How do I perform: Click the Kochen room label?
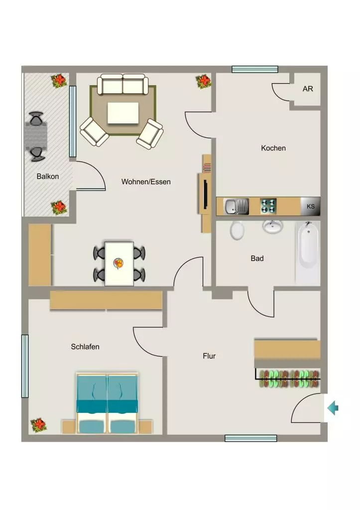(273, 148)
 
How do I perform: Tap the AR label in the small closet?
(308, 89)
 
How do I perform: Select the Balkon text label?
(48, 176)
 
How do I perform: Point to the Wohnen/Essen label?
(146, 181)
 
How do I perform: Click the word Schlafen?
(85, 347)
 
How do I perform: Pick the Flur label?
(209, 356)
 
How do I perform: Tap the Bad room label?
(257, 258)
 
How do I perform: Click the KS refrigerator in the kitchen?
(310, 206)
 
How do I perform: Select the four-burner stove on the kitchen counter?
(268, 206)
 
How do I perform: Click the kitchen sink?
(236, 206)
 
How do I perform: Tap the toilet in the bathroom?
(237, 230)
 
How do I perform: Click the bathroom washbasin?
(272, 227)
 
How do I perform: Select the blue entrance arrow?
(333, 408)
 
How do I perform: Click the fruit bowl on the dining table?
(119, 263)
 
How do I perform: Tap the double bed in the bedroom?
(108, 403)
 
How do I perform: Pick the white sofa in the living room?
(123, 84)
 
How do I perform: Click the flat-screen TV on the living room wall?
(206, 194)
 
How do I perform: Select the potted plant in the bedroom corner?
(39, 425)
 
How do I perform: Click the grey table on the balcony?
(36, 136)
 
